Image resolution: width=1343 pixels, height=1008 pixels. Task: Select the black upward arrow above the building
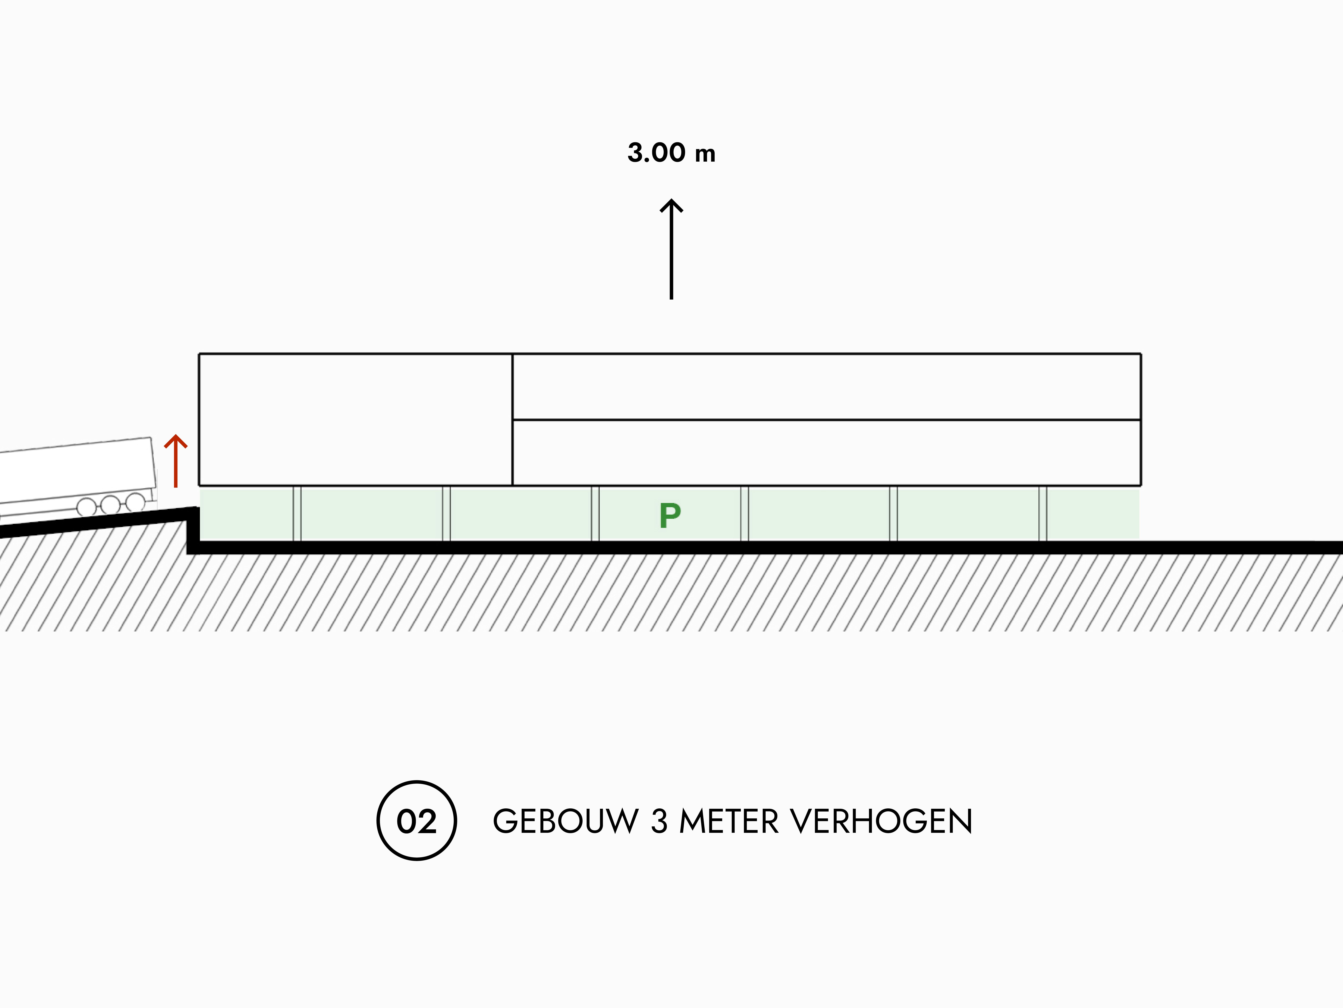(x=671, y=249)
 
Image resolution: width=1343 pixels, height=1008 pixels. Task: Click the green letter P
(x=670, y=516)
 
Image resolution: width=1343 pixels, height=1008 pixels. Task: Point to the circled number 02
(x=416, y=820)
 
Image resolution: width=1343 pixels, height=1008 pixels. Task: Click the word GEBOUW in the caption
(x=565, y=822)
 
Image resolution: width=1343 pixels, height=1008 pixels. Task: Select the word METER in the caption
(x=729, y=822)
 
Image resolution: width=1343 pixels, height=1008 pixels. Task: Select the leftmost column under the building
(x=297, y=513)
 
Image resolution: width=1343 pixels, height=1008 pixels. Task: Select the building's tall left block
(x=356, y=419)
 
